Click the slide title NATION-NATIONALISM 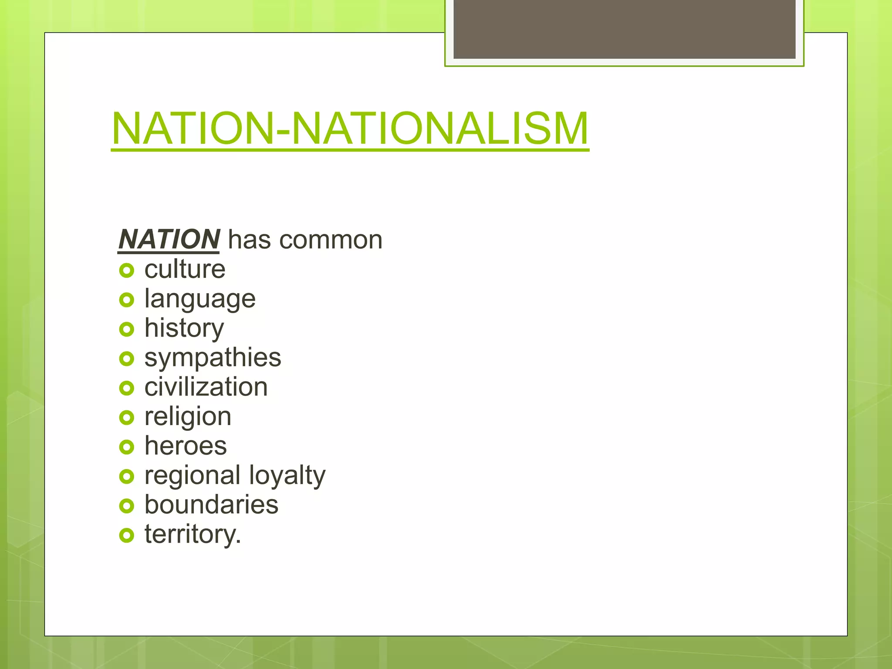pyautogui.click(x=350, y=129)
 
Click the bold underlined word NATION pyautogui.click(x=169, y=240)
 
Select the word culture pyautogui.click(x=185, y=269)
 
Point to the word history pyautogui.click(x=184, y=328)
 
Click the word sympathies pyautogui.click(x=213, y=358)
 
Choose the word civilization pyautogui.click(x=206, y=387)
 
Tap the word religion pyautogui.click(x=188, y=417)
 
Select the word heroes pyautogui.click(x=186, y=446)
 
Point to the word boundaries pyautogui.click(x=211, y=505)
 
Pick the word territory pyautogui.click(x=193, y=534)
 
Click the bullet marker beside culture pyautogui.click(x=126, y=271)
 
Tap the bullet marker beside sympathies pyautogui.click(x=126, y=359)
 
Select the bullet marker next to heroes pyautogui.click(x=126, y=447)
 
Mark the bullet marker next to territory pyautogui.click(x=126, y=536)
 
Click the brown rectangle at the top pyautogui.click(x=624, y=29)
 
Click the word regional pyautogui.click(x=192, y=476)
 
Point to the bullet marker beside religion pyautogui.click(x=126, y=418)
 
